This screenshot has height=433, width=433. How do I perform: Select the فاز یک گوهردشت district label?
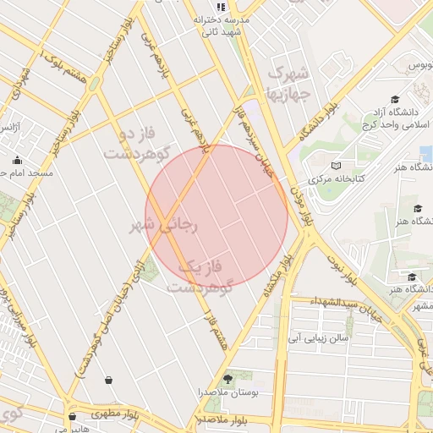click(200, 277)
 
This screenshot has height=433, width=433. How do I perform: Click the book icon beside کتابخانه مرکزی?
click(337, 166)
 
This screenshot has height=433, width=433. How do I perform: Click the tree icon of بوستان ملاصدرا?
click(227, 377)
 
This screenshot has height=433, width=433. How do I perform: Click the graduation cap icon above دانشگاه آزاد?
click(395, 100)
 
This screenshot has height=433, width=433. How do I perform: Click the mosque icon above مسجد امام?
click(17, 160)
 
